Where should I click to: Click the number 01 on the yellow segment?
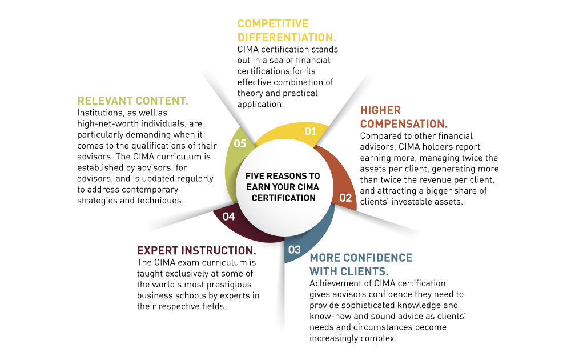310,131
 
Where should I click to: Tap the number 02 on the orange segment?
345,198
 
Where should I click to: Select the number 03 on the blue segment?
295,249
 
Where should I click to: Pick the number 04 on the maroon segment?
228,216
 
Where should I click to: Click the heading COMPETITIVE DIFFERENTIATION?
286,30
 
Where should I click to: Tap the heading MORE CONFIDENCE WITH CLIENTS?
361,264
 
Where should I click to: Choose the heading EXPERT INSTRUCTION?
196,250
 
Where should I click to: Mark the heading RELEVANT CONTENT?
132,101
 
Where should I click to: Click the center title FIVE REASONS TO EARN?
283,176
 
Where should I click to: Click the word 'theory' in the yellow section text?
250,94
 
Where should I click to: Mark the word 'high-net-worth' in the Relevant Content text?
106,124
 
